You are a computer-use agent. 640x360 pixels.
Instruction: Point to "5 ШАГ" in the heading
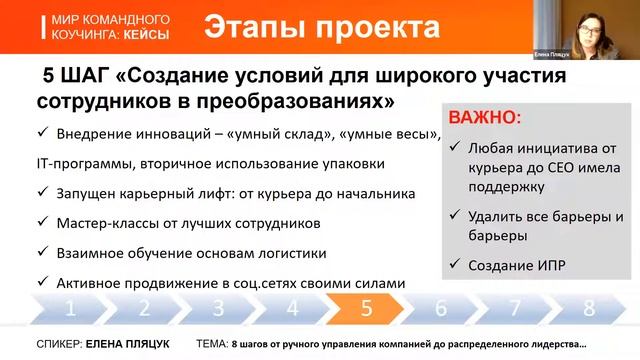click(x=77, y=77)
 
